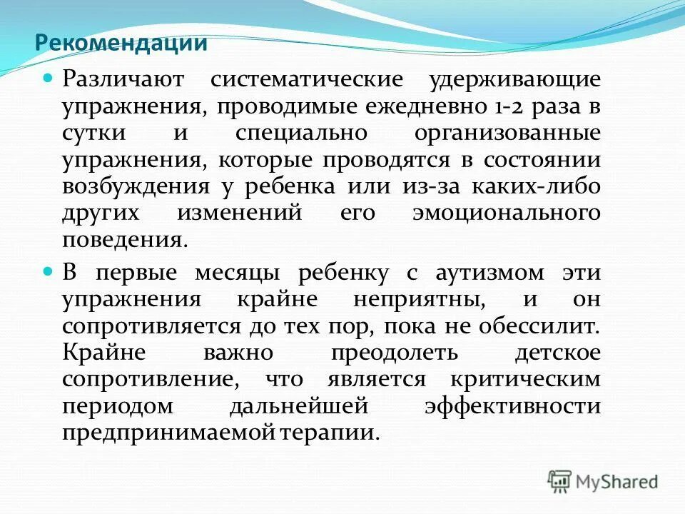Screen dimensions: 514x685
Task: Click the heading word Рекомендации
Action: [x=121, y=43]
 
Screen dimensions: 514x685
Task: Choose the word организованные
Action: [x=519, y=133]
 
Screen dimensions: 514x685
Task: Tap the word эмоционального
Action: [x=506, y=213]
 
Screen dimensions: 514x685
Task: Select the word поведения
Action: [x=124, y=239]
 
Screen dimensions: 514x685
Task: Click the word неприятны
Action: [x=415, y=300]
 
